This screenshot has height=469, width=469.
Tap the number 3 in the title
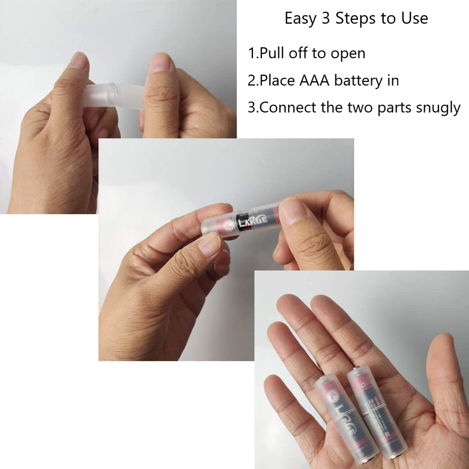pyautogui.click(x=325, y=18)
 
